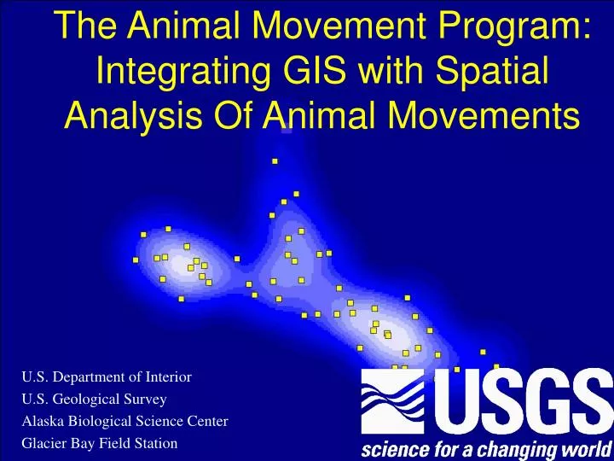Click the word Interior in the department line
pos(167,376)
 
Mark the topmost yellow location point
pos(275,160)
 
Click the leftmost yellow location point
pos(136,260)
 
